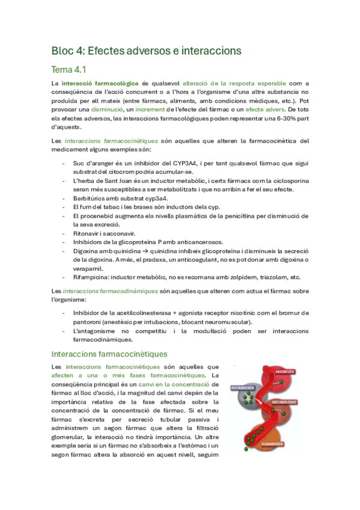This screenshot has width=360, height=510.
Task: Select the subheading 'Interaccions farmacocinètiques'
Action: click(x=109, y=354)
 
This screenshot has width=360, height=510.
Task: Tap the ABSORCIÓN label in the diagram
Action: click(x=283, y=372)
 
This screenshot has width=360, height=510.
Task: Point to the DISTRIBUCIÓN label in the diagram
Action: click(x=243, y=388)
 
